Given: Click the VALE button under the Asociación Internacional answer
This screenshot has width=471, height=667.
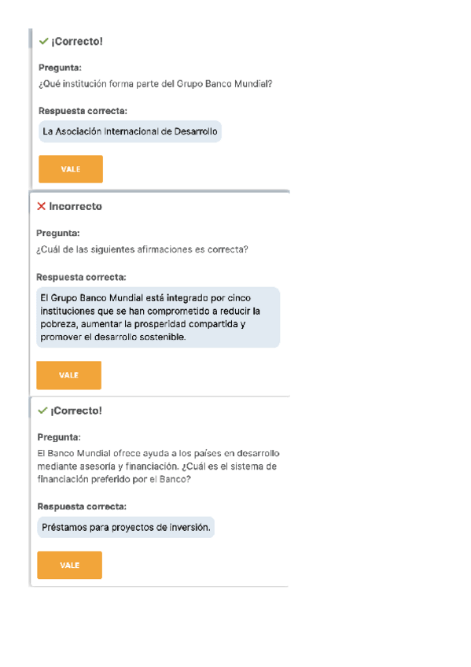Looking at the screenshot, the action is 71,169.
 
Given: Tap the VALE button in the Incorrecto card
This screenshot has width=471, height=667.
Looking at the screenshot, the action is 69,375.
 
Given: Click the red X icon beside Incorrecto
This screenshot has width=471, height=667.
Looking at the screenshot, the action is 41,206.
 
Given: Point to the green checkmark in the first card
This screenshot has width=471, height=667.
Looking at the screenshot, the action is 43,41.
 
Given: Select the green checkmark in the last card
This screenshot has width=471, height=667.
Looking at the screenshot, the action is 42,411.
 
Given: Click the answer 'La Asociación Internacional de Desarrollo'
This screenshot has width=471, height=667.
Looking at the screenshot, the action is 131,131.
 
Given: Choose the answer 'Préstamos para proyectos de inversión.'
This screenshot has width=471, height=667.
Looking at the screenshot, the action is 126,528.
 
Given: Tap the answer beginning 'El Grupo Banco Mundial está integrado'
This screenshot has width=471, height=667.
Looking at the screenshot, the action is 157,317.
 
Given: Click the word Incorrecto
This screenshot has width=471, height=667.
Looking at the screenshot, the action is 75,206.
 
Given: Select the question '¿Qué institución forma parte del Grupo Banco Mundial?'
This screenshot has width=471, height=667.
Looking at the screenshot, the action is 156,84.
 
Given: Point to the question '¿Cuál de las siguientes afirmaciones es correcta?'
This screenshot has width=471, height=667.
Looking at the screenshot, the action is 142,249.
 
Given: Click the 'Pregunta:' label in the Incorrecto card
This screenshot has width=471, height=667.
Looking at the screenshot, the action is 58,233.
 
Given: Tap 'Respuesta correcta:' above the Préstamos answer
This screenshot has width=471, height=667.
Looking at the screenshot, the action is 82,507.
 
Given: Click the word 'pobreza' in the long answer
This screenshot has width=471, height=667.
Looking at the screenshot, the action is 57,324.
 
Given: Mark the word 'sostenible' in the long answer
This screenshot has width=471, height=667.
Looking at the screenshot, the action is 161,337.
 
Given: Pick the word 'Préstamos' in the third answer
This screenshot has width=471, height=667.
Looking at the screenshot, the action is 63,528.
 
